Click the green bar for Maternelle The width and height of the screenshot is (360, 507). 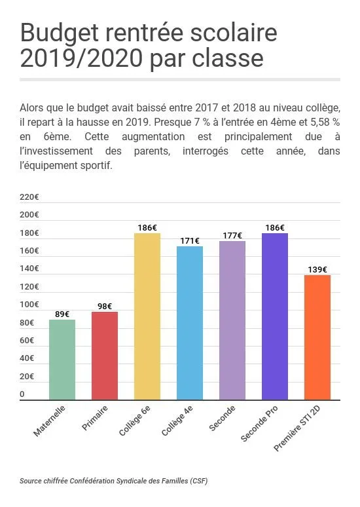62,360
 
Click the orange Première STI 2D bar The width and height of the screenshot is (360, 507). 317,337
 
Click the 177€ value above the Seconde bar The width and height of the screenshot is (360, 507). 232,236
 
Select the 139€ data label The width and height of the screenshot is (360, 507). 317,269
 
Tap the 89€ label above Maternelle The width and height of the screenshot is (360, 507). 62,314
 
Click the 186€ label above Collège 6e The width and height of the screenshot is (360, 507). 147,228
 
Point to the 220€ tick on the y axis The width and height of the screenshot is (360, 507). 29,197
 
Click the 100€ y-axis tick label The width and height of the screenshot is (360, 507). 29,305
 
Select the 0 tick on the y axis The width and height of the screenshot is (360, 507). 22,394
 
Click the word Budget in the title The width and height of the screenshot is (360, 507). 58,33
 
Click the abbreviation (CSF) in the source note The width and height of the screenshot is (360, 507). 199,481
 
